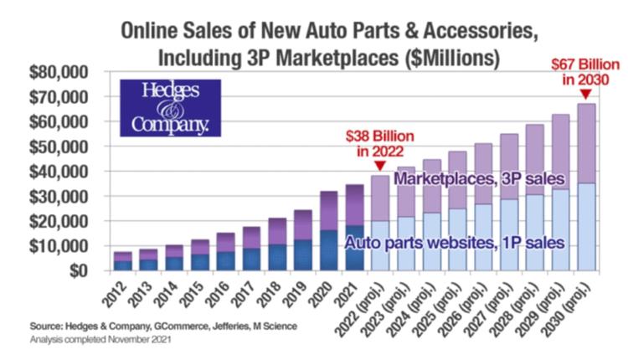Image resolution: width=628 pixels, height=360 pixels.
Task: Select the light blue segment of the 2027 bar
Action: [x=509, y=235]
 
